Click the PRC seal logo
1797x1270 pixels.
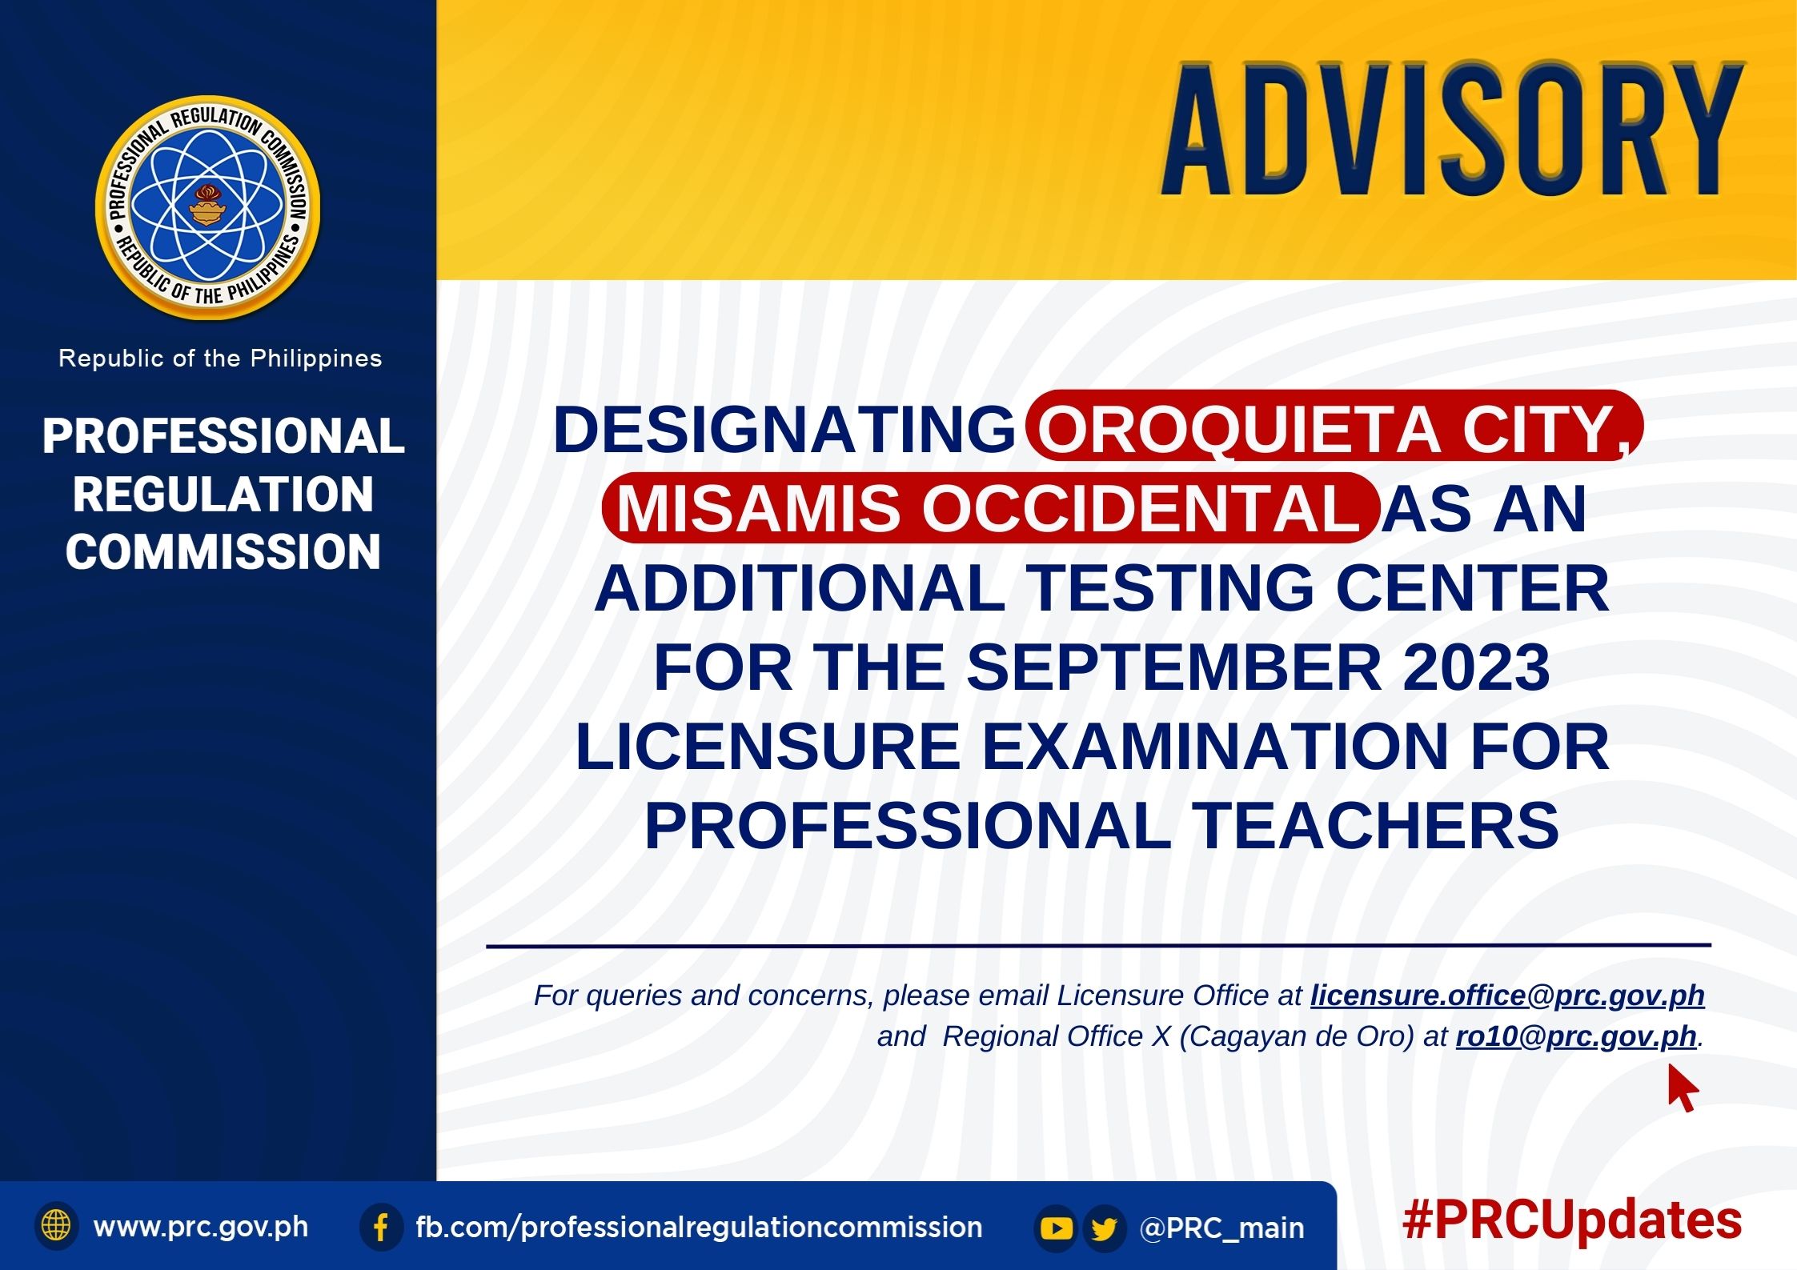coord(208,208)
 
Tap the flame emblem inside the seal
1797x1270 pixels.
coord(208,206)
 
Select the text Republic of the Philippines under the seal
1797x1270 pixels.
coord(220,359)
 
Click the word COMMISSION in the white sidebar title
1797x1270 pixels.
coord(223,551)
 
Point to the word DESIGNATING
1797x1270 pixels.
coord(784,430)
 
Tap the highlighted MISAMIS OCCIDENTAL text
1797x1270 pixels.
coord(989,508)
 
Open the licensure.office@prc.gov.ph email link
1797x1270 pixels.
coord(1507,996)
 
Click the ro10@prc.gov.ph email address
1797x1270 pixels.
coord(1576,1036)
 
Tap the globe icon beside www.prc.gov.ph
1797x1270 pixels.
coord(56,1226)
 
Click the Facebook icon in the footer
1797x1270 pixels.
coord(381,1227)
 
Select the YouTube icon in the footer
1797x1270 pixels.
coord(1056,1228)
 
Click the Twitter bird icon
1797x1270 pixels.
coord(1104,1228)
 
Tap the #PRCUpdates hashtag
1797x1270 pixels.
coord(1572,1221)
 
